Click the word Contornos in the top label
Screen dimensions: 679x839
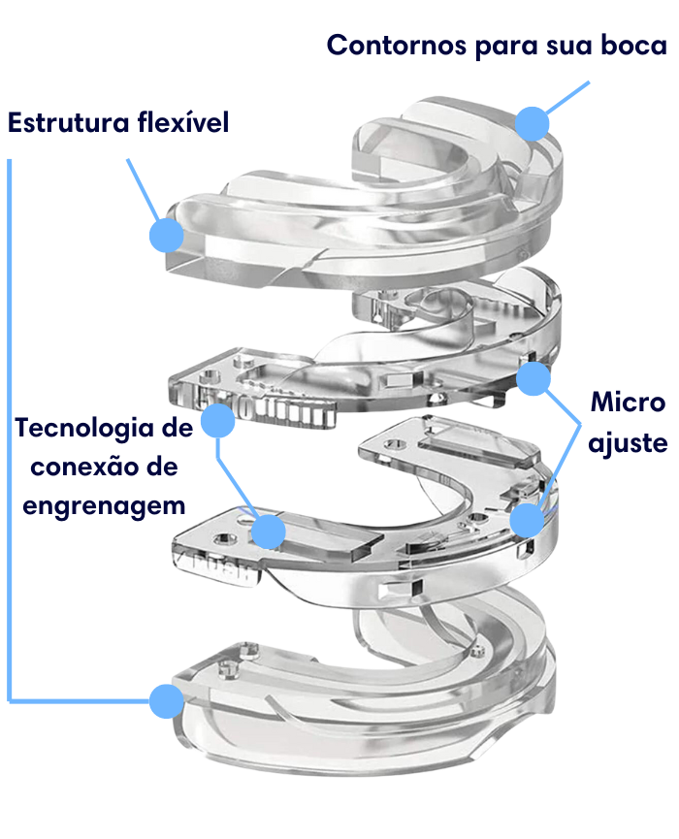(x=397, y=45)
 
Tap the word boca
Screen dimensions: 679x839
(x=633, y=45)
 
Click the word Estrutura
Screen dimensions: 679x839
(x=69, y=122)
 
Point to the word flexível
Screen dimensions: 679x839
(x=183, y=122)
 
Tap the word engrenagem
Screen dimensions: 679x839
(x=104, y=506)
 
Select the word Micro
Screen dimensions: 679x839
(x=629, y=403)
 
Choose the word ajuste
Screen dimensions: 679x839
(x=628, y=443)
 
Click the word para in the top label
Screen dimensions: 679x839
(x=505, y=48)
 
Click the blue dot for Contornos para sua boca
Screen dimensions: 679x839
(x=533, y=123)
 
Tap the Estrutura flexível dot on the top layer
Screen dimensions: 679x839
(x=167, y=235)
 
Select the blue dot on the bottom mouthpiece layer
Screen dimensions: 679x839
(x=167, y=701)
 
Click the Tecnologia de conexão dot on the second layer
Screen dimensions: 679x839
(x=218, y=421)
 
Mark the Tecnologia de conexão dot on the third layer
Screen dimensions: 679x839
(x=268, y=532)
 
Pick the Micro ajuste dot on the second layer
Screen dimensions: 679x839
(x=533, y=378)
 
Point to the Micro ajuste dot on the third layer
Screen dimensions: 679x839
(x=527, y=520)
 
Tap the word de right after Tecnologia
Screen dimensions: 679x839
(x=178, y=429)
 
